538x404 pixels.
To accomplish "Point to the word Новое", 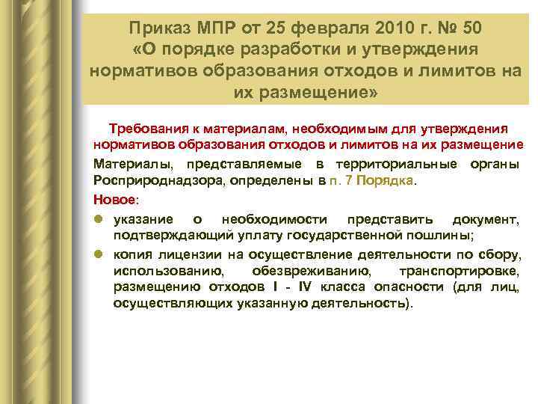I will click(x=115, y=199).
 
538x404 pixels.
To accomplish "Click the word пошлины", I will click(x=439, y=235).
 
